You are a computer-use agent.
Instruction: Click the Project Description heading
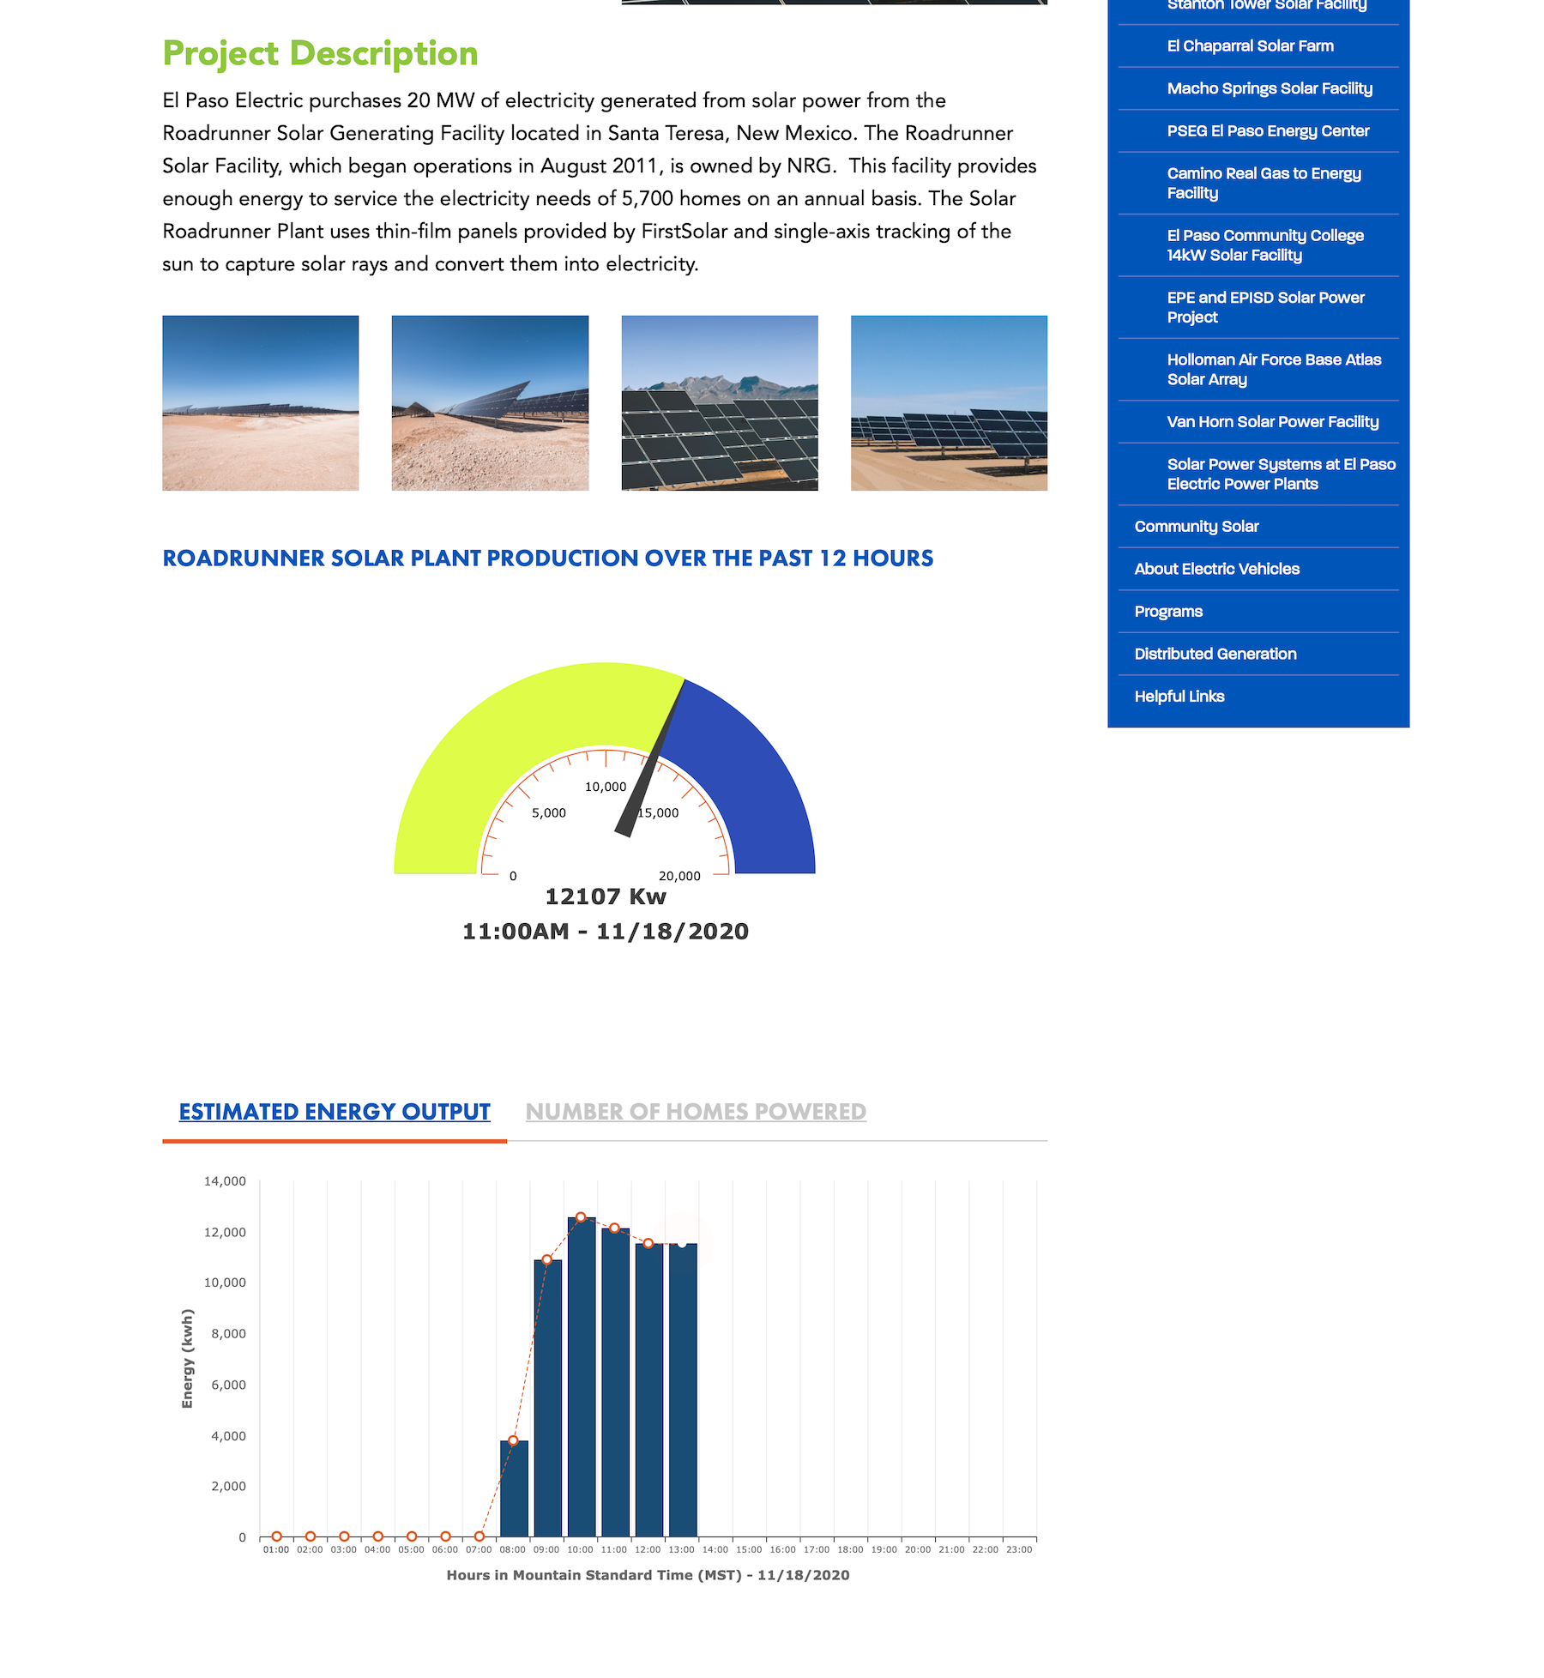pyautogui.click(x=320, y=53)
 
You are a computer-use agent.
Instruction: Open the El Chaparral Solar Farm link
pyautogui.click(x=1250, y=46)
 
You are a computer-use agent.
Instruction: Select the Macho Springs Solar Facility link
pyautogui.click(x=1269, y=88)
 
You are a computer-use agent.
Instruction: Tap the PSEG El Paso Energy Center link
pyautogui.click(x=1267, y=131)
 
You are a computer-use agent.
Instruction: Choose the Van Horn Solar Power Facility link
pyautogui.click(x=1272, y=422)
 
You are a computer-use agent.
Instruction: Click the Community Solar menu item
pyautogui.click(x=1196, y=527)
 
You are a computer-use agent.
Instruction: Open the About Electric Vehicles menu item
pyautogui.click(x=1216, y=569)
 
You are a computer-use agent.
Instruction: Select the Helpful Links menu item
pyautogui.click(x=1179, y=697)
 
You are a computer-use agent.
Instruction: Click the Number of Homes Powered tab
pyautogui.click(x=696, y=1112)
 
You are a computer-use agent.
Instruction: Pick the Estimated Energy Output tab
pyautogui.click(x=335, y=1112)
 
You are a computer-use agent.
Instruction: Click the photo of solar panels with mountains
pyautogui.click(x=719, y=403)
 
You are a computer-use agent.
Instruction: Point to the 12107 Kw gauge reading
pyautogui.click(x=606, y=896)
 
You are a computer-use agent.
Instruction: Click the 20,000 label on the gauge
pyautogui.click(x=679, y=876)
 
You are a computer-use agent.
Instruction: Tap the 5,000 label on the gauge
pyautogui.click(x=549, y=813)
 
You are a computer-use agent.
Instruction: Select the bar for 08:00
pyautogui.click(x=514, y=1490)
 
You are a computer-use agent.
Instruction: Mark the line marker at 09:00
pyautogui.click(x=547, y=1260)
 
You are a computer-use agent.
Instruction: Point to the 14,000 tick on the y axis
pyautogui.click(x=225, y=1181)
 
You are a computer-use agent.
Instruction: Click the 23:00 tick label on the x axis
pyautogui.click(x=1019, y=1549)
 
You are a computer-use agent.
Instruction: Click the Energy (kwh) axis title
pyautogui.click(x=187, y=1358)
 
